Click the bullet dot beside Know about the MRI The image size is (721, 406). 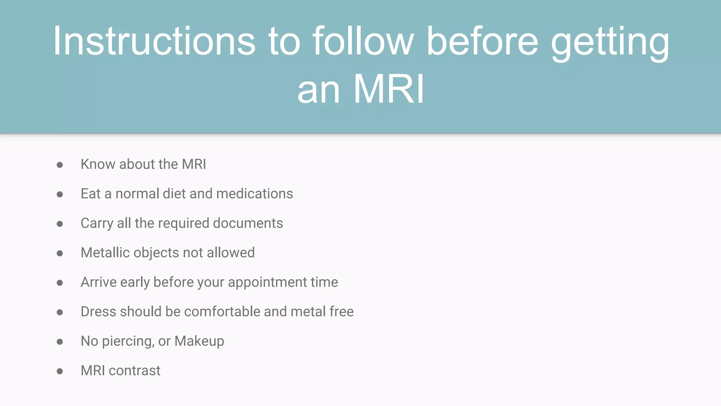60,165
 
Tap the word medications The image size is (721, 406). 255,193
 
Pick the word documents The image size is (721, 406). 248,223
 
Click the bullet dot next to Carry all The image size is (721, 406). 60,224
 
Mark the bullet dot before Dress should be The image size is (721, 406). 60,312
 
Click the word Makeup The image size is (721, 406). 199,341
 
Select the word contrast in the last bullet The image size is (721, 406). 134,371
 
